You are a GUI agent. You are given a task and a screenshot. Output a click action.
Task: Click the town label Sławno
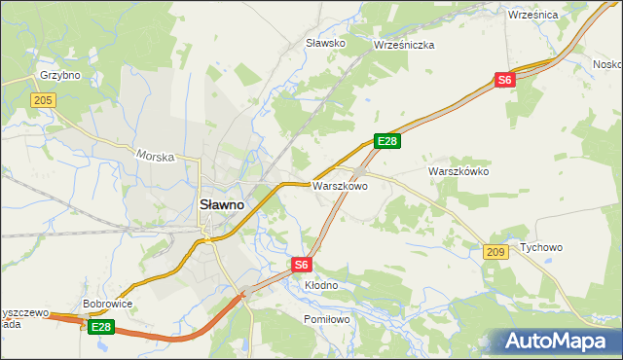tap(222, 205)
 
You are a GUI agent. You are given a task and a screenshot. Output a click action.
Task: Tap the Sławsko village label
tap(326, 44)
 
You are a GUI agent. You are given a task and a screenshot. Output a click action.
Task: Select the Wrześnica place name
tap(532, 15)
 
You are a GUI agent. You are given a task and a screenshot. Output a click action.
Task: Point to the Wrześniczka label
tap(404, 45)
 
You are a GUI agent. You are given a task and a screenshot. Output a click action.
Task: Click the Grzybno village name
tap(58, 75)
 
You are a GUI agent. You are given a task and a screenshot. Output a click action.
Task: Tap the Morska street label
tap(155, 156)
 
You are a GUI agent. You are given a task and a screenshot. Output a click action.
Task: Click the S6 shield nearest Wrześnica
tap(503, 81)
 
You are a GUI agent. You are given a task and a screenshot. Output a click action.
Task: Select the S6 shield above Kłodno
tap(302, 264)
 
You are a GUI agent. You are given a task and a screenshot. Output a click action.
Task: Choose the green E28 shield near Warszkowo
tap(387, 142)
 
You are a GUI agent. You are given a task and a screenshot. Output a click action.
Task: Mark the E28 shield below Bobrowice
tap(101, 328)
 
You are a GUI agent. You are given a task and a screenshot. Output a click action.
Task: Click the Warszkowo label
tap(340, 185)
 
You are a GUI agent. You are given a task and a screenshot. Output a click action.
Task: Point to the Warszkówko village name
tap(458, 171)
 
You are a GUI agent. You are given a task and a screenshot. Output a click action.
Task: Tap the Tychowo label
tap(541, 247)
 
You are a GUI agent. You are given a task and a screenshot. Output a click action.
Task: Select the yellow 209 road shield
tap(495, 252)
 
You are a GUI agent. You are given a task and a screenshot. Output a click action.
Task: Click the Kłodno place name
tap(320, 285)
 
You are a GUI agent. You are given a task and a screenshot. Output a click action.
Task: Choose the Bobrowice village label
tap(108, 304)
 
